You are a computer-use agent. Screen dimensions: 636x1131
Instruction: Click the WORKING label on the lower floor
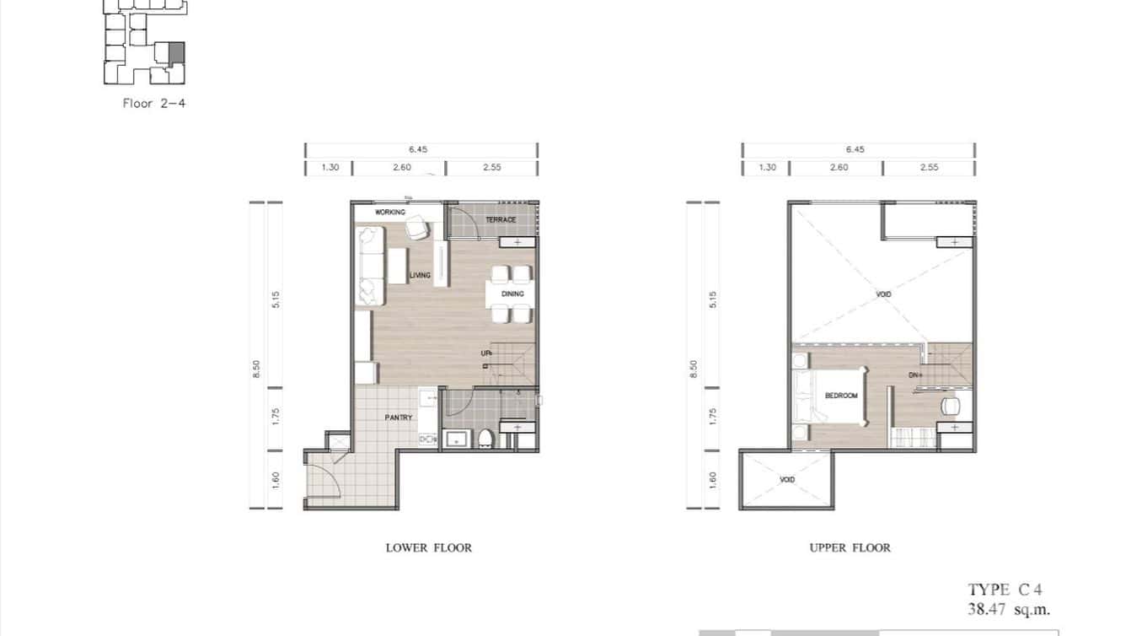click(390, 213)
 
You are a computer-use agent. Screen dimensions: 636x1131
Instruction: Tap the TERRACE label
click(501, 220)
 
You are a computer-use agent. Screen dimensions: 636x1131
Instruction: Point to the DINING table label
click(512, 294)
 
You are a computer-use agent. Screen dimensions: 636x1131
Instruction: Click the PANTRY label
click(398, 418)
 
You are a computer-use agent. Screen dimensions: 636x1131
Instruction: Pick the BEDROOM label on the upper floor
click(841, 396)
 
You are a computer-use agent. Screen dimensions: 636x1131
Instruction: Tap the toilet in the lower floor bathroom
click(486, 439)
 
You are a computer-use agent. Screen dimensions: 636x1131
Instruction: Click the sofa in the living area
click(370, 265)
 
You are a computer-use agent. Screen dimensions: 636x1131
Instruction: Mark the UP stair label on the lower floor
click(486, 354)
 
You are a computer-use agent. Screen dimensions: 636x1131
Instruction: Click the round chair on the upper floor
click(950, 406)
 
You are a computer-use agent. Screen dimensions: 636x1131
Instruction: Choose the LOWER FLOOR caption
click(428, 548)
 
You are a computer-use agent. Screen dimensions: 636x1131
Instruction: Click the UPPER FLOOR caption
click(850, 548)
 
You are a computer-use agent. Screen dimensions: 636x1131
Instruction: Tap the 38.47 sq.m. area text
click(1009, 609)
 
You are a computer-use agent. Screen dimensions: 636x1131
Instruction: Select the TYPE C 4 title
click(999, 590)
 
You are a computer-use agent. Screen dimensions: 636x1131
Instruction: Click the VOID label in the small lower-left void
click(787, 480)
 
